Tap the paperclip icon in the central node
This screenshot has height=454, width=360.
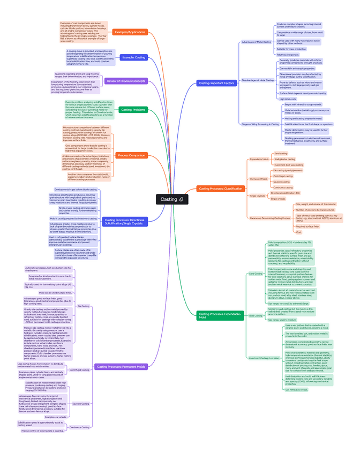click(182, 199)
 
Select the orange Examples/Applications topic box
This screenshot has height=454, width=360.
click(130, 32)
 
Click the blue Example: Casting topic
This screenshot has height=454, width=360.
click(133, 57)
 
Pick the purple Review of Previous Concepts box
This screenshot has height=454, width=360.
click(126, 81)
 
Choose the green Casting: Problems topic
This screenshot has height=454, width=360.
click(133, 110)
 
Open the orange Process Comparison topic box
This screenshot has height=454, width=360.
click(131, 155)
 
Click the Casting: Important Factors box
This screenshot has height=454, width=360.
click(216, 83)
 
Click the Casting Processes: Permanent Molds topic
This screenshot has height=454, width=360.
click(121, 367)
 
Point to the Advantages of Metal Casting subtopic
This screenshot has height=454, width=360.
click(256, 42)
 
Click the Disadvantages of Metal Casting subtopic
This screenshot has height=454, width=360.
click(257, 80)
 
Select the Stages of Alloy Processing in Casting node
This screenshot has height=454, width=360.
click(260, 124)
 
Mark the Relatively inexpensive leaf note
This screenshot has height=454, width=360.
click(288, 55)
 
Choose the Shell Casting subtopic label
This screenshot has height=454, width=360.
click(256, 316)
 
